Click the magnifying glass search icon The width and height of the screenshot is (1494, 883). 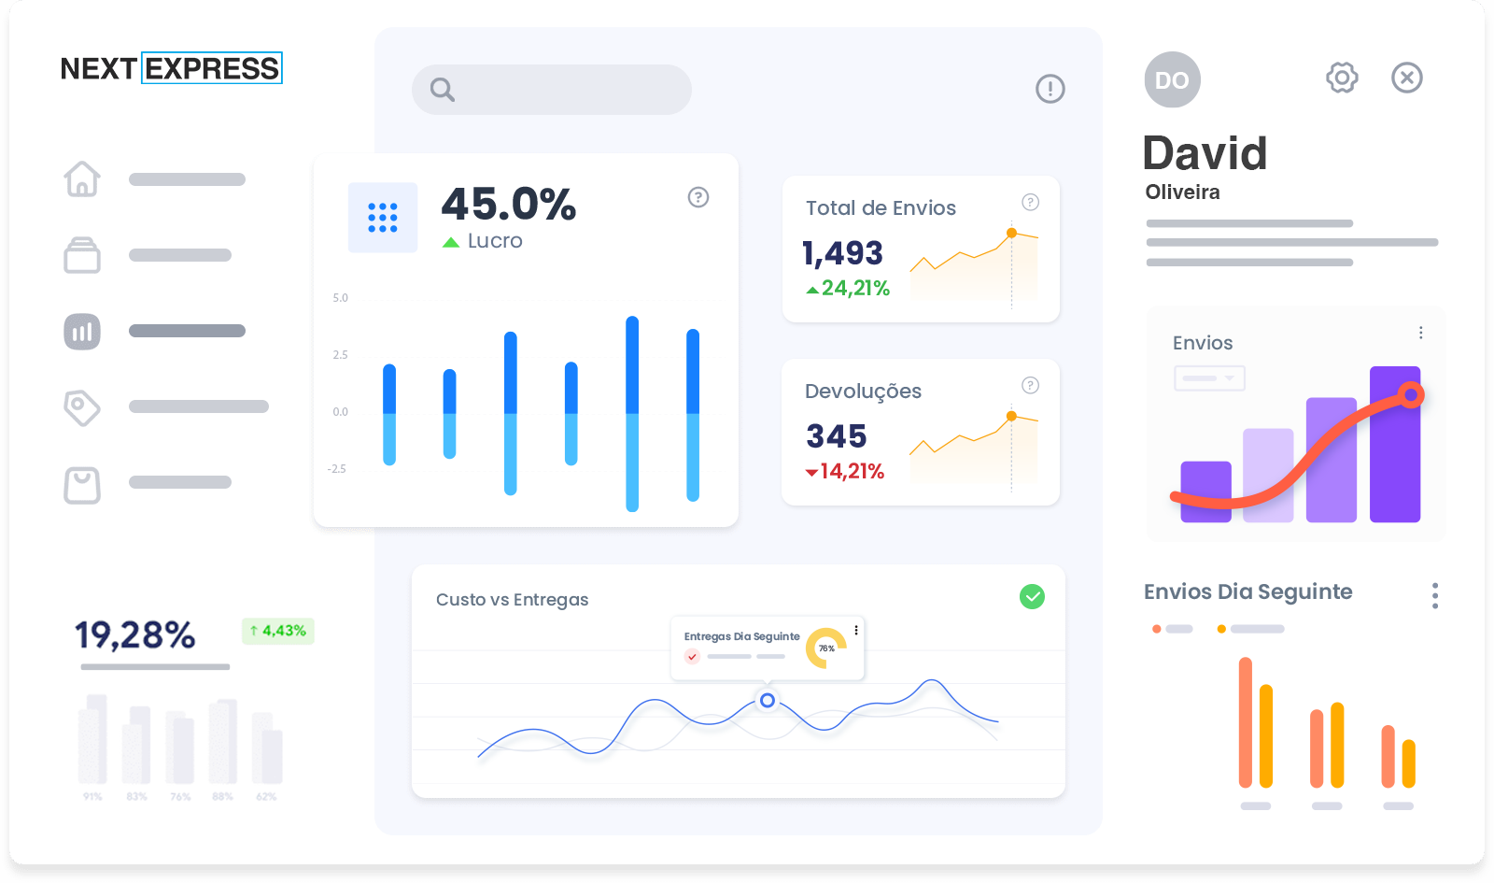click(443, 90)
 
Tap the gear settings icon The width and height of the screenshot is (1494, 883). click(1342, 78)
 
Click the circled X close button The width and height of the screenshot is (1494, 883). click(1407, 78)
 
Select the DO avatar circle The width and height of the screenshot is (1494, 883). click(1172, 80)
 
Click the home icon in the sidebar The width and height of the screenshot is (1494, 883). click(82, 178)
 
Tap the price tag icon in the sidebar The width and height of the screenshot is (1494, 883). click(81, 407)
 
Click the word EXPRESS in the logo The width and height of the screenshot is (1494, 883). click(212, 68)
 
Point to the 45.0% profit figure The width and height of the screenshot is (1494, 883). click(509, 204)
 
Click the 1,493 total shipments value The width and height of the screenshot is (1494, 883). click(842, 253)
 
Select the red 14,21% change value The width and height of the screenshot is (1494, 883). click(851, 472)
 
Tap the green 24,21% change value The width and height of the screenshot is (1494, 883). click(854, 289)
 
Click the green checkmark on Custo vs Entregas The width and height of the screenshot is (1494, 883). click(1032, 596)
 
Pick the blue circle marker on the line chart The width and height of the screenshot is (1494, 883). click(767, 700)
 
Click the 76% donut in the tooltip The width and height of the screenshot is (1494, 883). click(826, 648)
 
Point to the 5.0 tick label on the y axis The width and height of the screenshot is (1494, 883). click(340, 298)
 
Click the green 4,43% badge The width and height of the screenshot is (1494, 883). click(278, 631)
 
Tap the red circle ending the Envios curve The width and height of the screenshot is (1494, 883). click(1411, 395)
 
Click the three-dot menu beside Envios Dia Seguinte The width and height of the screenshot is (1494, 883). click(1435, 595)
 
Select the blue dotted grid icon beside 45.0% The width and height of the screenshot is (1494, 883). click(383, 218)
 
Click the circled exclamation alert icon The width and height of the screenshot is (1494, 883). click(1050, 89)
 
